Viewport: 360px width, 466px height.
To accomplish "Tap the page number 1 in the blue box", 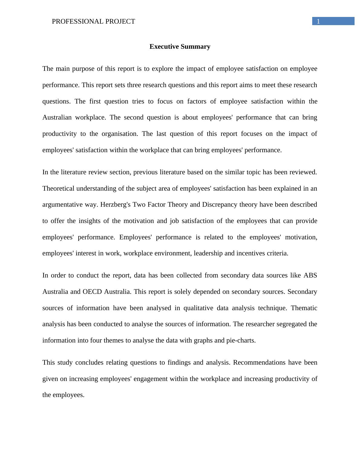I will click(318, 21).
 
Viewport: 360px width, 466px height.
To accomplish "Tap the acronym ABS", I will click(310, 275).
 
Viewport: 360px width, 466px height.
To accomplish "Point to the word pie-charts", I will click(241, 340).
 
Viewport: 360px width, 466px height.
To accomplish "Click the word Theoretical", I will click(58, 189).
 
